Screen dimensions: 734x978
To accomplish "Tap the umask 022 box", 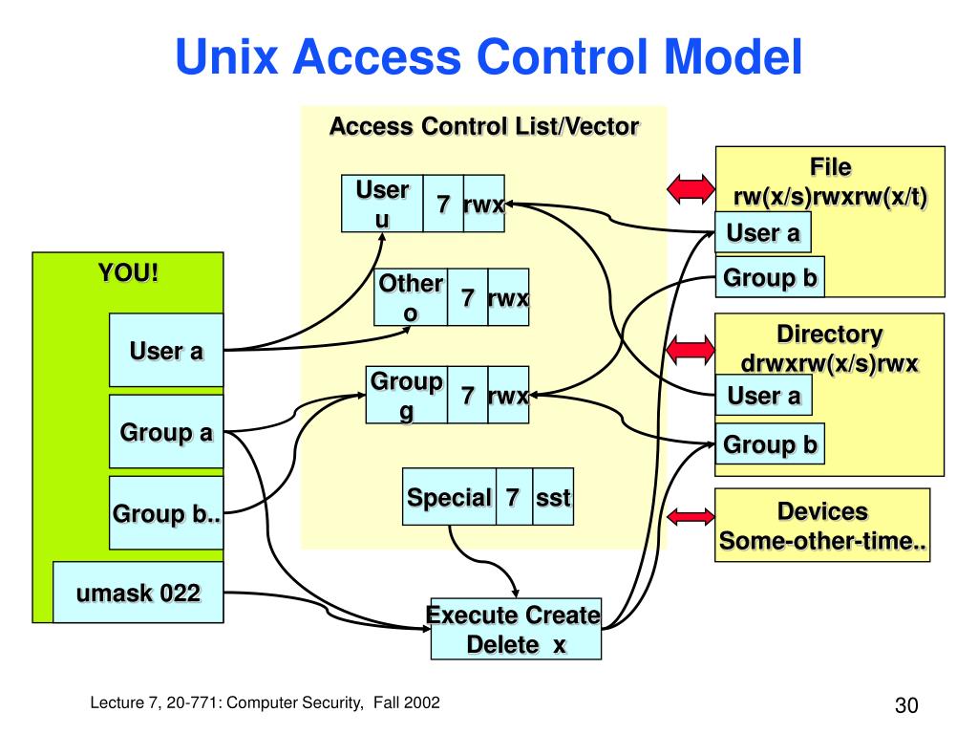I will [x=138, y=594].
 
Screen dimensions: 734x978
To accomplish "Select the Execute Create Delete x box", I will [x=516, y=631].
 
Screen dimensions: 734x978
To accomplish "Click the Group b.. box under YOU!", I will [x=166, y=513].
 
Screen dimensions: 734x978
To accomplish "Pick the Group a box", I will [x=166, y=432].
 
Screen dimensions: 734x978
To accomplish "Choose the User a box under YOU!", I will [x=166, y=350].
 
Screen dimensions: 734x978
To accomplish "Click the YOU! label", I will [x=128, y=272].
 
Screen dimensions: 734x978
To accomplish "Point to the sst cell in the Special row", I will [x=553, y=497].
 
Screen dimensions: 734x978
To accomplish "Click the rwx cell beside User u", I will [x=483, y=204].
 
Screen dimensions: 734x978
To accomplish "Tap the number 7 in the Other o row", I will [x=468, y=298].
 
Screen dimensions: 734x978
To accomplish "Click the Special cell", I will [x=449, y=497].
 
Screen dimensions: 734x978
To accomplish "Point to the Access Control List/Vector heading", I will [x=484, y=126].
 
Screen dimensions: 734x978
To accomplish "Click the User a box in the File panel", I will [x=763, y=232].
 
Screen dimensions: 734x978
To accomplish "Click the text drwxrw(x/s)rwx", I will [x=830, y=364].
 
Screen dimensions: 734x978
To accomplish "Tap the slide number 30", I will [x=906, y=706].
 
